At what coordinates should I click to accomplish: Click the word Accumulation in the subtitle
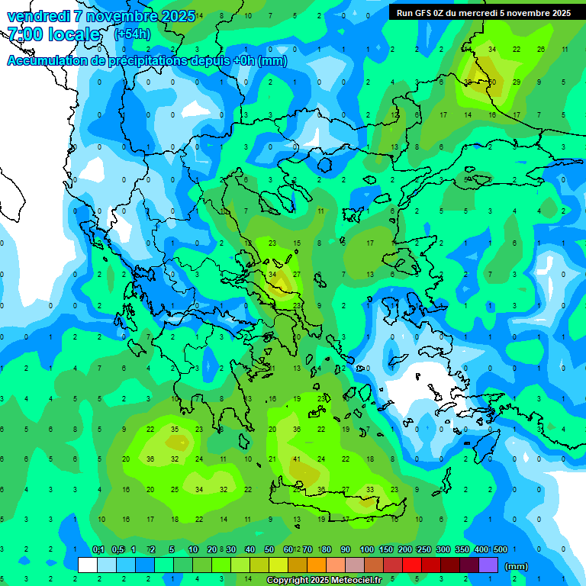coord(47,61)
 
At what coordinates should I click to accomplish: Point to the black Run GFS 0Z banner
coord(487,12)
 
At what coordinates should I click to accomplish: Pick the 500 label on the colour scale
coord(500,549)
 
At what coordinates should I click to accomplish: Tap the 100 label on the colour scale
coord(366,549)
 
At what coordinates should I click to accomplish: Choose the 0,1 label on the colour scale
coord(98,549)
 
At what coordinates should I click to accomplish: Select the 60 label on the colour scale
coord(288,549)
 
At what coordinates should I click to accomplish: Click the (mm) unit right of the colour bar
coord(517,566)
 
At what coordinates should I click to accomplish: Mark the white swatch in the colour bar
coord(88,565)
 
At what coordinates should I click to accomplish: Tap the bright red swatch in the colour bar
coord(412,565)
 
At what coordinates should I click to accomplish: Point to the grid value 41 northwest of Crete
coord(297,459)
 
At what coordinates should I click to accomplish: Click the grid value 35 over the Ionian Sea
coord(175,430)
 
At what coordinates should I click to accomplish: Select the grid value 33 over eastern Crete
coord(370,490)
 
